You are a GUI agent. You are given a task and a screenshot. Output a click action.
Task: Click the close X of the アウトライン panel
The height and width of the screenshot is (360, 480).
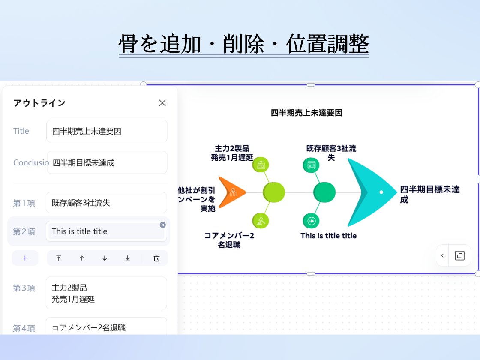click(162, 103)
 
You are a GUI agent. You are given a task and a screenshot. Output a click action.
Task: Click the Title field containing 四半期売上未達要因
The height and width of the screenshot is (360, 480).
click(106, 131)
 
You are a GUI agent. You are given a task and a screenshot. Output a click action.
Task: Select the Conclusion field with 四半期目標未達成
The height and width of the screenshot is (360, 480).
click(107, 162)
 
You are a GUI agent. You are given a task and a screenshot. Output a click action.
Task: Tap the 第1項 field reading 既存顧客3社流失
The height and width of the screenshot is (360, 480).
click(106, 203)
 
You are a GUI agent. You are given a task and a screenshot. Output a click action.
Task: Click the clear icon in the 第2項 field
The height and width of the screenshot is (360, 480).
click(162, 225)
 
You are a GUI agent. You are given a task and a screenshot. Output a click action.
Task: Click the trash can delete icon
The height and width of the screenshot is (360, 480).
click(156, 258)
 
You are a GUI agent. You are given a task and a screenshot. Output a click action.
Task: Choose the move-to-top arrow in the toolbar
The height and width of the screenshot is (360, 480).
click(59, 258)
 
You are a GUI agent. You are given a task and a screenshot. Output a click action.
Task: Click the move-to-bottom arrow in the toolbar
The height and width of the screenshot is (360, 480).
click(128, 258)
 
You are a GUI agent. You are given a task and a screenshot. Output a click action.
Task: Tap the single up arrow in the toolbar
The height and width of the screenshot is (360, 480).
click(81, 258)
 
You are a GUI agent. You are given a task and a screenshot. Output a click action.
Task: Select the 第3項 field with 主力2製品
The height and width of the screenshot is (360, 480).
click(106, 293)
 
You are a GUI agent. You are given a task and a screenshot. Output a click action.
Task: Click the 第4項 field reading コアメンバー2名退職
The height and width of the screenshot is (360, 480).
click(106, 328)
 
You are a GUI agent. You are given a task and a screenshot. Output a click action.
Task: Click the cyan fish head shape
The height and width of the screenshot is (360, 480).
click(369, 192)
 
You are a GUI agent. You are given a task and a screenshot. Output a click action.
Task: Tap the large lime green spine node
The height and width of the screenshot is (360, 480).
click(273, 192)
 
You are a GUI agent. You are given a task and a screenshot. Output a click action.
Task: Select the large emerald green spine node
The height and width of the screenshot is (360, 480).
click(324, 192)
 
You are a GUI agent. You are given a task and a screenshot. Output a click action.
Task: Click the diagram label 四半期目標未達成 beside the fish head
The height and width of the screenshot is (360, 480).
click(429, 194)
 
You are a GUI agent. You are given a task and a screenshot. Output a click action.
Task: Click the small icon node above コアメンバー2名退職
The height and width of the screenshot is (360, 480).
click(261, 221)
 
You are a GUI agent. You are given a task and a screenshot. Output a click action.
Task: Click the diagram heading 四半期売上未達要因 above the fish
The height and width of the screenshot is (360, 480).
click(306, 113)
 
